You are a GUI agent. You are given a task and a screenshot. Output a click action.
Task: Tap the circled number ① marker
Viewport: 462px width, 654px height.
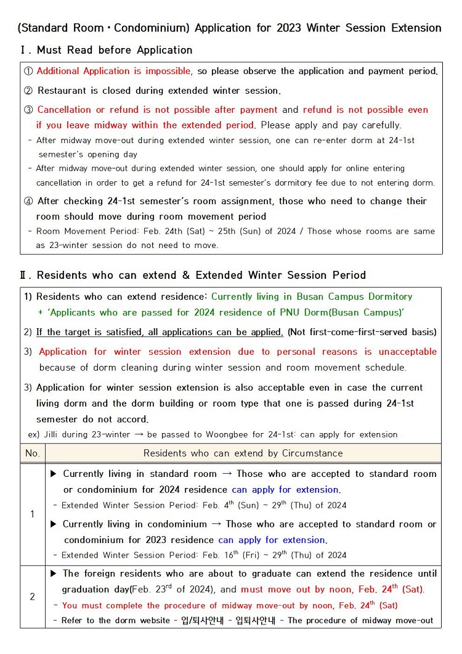point(28,71)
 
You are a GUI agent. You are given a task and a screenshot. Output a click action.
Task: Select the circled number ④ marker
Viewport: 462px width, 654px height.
point(28,201)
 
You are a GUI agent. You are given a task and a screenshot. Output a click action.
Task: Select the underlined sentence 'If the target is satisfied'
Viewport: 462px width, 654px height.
point(160,332)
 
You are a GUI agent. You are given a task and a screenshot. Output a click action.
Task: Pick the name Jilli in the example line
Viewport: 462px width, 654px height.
point(55,434)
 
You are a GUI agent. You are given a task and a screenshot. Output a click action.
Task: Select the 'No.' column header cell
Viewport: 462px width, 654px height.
point(32,453)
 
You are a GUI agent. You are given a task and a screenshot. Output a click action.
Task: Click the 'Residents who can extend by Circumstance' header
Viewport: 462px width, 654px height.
point(243,453)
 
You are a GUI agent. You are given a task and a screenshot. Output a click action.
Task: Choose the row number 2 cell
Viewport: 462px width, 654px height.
point(32,597)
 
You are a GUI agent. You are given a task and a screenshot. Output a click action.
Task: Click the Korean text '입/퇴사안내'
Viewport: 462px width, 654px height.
point(203,621)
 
